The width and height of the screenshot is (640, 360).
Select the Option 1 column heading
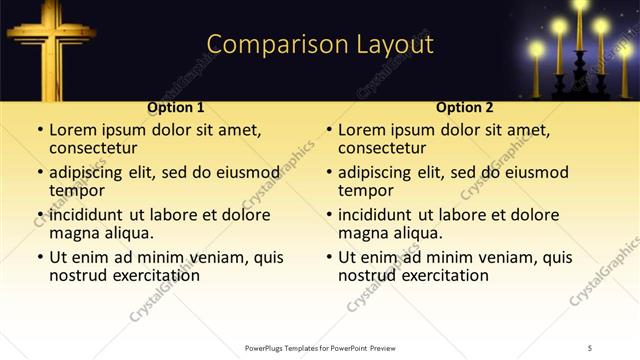[176, 107]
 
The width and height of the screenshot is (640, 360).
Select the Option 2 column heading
[465, 107]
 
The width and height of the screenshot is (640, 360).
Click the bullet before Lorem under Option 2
[328, 131]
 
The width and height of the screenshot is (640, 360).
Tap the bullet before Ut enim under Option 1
[39, 257]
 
